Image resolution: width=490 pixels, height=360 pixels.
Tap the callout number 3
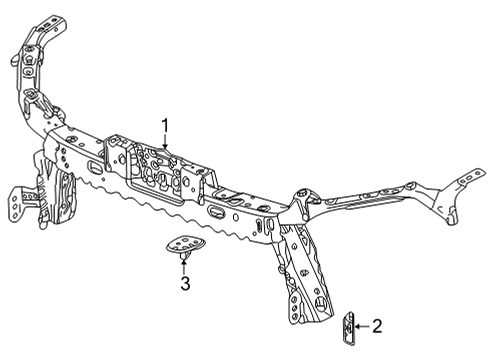pos(185,286)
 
